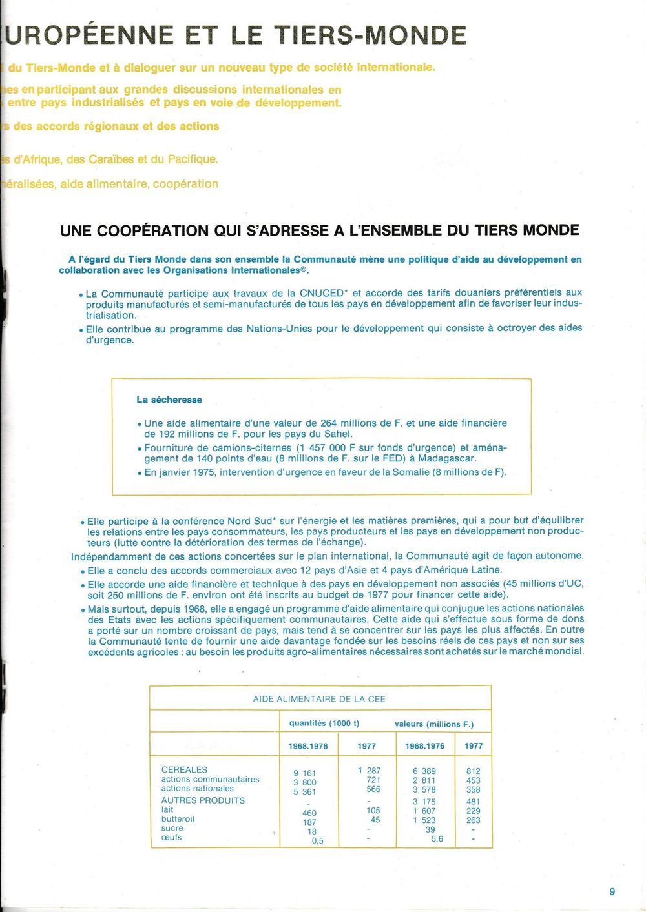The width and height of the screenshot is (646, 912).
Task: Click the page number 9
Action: pos(612,891)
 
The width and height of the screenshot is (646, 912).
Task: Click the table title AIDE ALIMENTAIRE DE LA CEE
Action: pos(319,698)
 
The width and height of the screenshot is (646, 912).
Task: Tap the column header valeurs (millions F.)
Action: pos(433,724)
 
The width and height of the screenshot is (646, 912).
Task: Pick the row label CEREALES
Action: pos(184,769)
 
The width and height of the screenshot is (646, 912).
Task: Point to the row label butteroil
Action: pos(178,818)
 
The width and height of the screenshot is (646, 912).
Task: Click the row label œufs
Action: pos(171,837)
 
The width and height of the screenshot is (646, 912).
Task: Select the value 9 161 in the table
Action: pos(305,773)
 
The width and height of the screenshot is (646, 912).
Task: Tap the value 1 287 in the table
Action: pos(369,770)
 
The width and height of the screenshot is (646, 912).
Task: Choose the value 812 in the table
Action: pos(473,771)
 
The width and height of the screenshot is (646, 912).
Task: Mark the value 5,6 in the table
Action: pos(437,839)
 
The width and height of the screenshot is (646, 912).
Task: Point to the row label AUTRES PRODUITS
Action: pos(203,800)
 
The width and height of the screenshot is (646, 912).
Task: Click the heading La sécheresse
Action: pos(169,400)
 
